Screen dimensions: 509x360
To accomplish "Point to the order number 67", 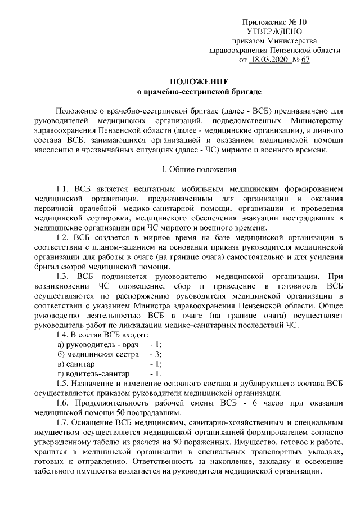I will coord(305,60).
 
